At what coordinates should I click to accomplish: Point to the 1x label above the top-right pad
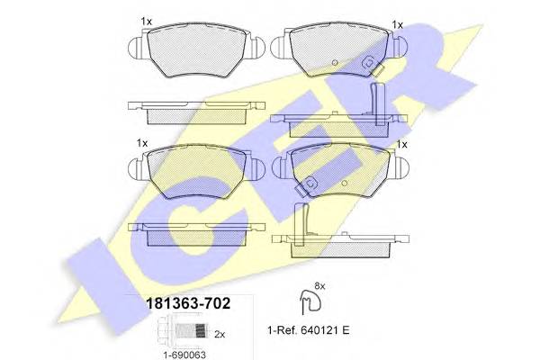pos(397,23)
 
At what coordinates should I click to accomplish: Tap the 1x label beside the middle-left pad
pos(142,142)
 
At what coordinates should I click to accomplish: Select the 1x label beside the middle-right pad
pos(401,144)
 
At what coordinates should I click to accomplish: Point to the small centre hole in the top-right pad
pos(334,63)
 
